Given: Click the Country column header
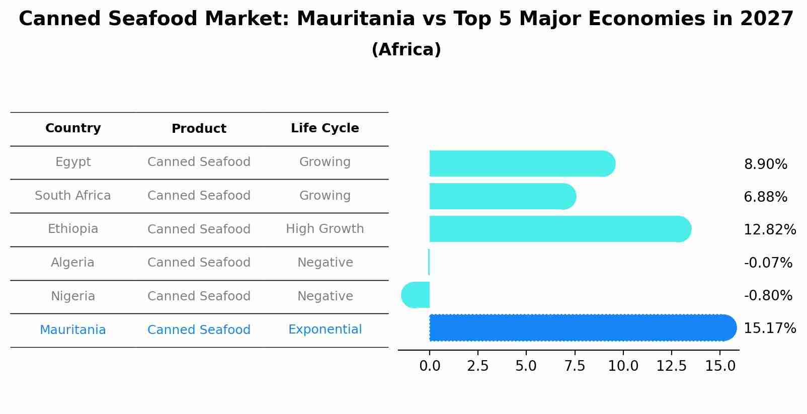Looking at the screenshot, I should (x=73, y=128).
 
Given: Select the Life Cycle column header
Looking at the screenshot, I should (x=325, y=128).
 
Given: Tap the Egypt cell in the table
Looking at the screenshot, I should (x=73, y=162).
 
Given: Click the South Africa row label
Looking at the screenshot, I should (x=73, y=196).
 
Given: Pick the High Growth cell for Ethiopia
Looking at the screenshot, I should (x=325, y=229).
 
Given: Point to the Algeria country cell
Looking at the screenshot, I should (x=73, y=263).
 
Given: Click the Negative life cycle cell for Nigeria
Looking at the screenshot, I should (x=325, y=296).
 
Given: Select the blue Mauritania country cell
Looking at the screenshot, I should (x=73, y=330).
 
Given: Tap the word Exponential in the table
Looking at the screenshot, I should (x=325, y=329).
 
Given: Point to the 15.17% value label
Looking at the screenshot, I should (x=769, y=328).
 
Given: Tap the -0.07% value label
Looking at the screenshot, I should (x=768, y=263).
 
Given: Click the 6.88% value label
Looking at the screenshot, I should (x=765, y=197).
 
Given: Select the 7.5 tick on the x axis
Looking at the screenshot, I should (x=575, y=366).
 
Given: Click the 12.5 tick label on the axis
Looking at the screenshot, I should (x=671, y=366).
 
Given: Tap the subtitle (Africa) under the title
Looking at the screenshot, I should (x=406, y=50).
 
